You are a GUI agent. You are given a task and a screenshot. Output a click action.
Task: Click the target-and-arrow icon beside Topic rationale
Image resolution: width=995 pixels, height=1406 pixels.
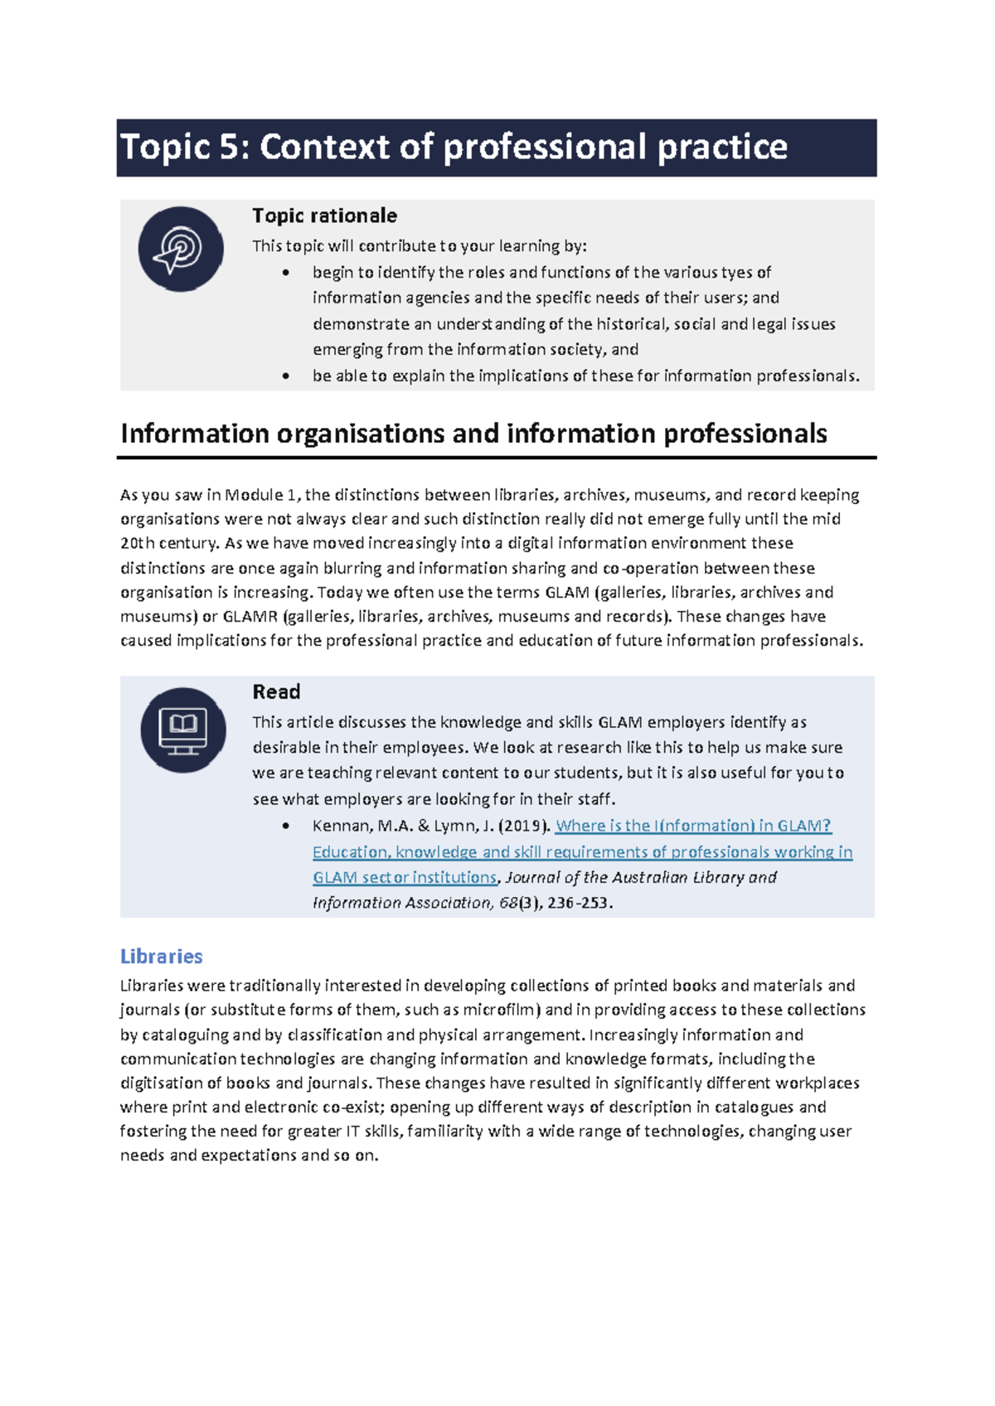181,249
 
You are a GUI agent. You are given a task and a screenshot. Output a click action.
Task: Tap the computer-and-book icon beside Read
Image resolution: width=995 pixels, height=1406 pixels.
182,730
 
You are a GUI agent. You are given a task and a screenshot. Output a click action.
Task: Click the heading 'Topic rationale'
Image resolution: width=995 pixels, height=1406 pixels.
324,216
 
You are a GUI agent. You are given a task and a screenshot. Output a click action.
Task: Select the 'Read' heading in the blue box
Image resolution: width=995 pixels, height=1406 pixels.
276,691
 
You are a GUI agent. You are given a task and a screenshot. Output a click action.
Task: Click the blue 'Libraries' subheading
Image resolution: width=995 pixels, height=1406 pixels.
162,956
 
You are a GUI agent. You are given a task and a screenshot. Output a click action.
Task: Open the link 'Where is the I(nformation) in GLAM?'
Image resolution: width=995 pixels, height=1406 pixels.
693,826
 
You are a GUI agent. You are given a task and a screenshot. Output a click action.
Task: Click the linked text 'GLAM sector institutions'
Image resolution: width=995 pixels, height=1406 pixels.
405,877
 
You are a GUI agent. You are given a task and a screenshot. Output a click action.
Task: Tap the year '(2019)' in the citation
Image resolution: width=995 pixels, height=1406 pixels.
525,826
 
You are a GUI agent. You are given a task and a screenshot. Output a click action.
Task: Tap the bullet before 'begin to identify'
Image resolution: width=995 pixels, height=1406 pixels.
286,273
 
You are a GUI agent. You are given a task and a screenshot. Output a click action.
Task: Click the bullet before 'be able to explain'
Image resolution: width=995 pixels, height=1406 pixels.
286,376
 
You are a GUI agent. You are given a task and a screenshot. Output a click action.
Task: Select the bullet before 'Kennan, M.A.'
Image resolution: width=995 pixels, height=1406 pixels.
286,826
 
